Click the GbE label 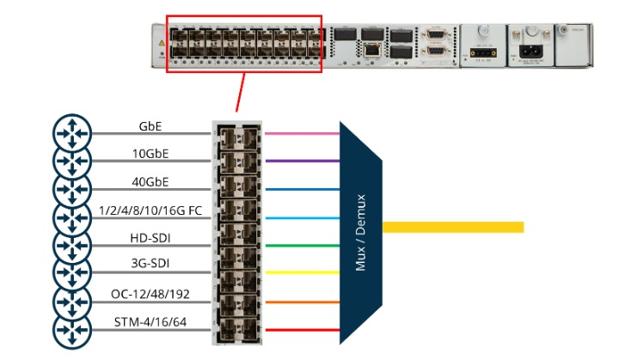152,125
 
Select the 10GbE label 152,154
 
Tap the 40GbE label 152,182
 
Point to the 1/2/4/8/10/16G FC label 152,211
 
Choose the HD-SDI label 152,238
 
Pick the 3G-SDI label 152,265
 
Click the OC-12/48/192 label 152,295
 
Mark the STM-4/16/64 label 152,323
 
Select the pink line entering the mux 300,133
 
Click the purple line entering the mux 300,161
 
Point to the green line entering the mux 300,245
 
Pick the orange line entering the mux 300,302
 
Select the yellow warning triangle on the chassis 160,42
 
